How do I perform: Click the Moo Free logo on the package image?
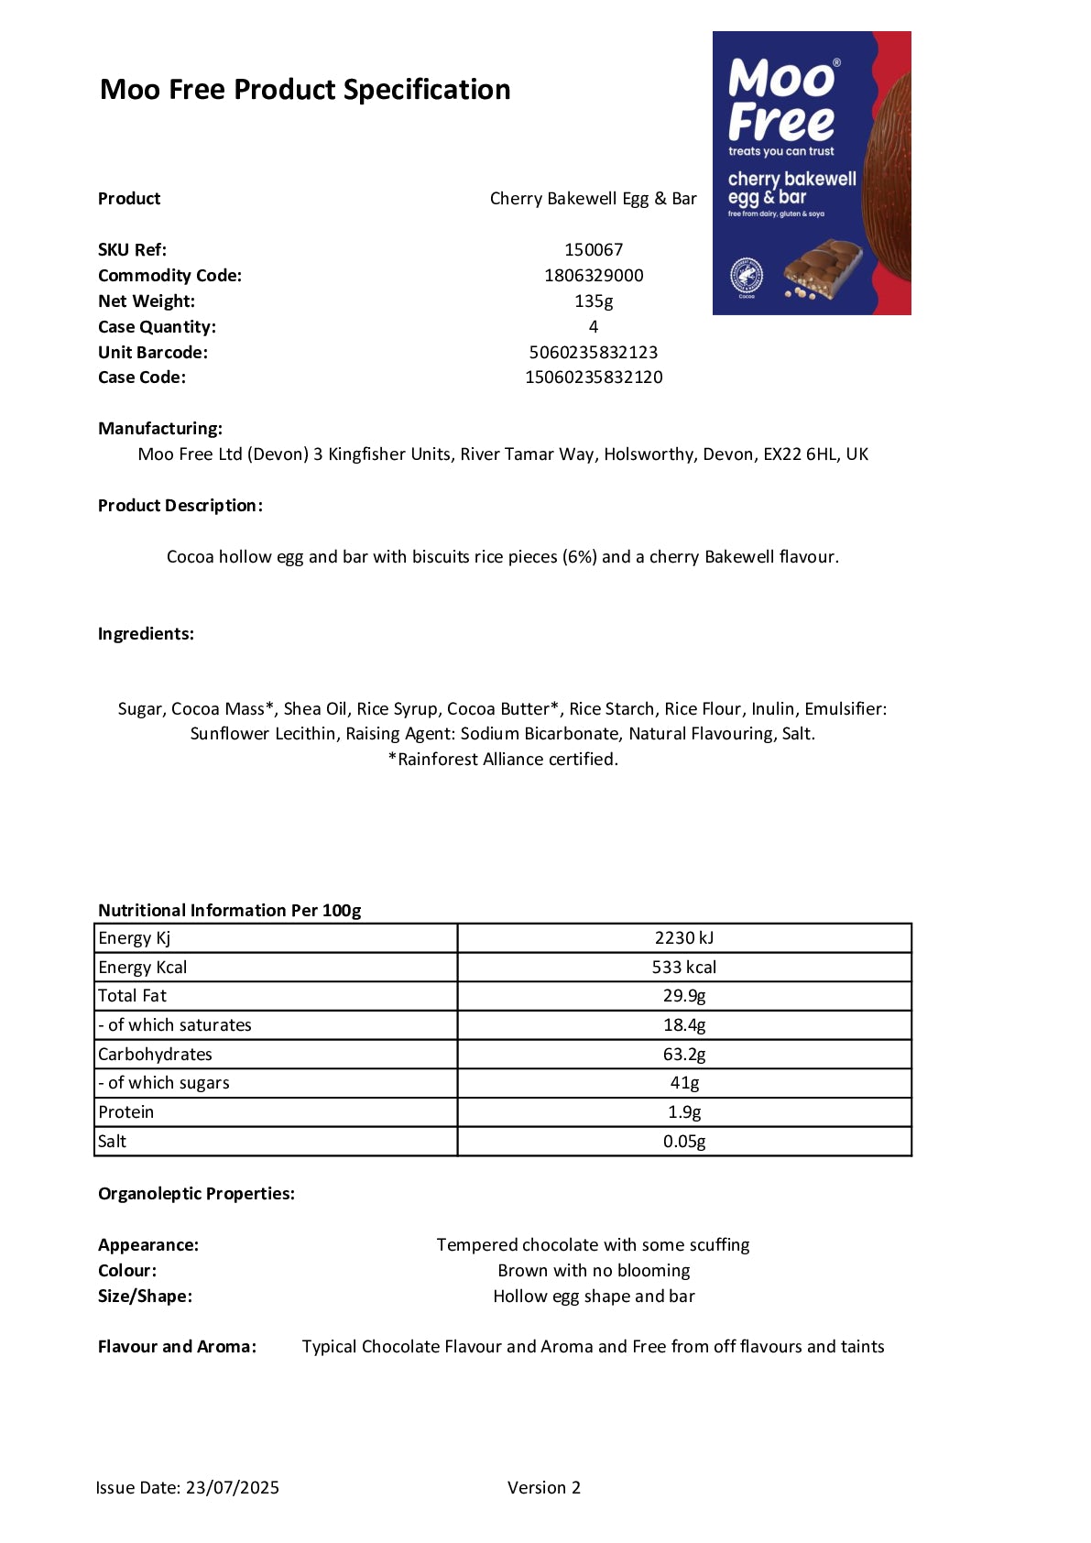tap(781, 101)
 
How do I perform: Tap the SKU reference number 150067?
tap(594, 249)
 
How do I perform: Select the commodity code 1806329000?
tap(594, 275)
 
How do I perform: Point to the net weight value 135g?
tap(594, 301)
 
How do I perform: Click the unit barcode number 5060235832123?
tap(594, 352)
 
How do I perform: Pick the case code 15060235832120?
tap(594, 377)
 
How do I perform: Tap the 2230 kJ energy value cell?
tap(684, 937)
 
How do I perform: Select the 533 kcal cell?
tap(684, 967)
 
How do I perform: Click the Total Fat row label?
tap(133, 996)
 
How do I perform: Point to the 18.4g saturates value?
tap(684, 1024)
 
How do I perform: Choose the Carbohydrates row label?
tap(155, 1054)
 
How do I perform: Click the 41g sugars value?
tap(684, 1082)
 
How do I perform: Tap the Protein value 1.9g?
tap(684, 1111)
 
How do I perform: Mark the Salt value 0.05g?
tap(684, 1141)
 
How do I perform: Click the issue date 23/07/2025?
tap(233, 1487)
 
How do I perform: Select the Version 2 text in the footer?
tap(544, 1487)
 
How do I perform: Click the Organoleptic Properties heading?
tap(196, 1193)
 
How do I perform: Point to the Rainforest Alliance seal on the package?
tap(747, 275)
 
